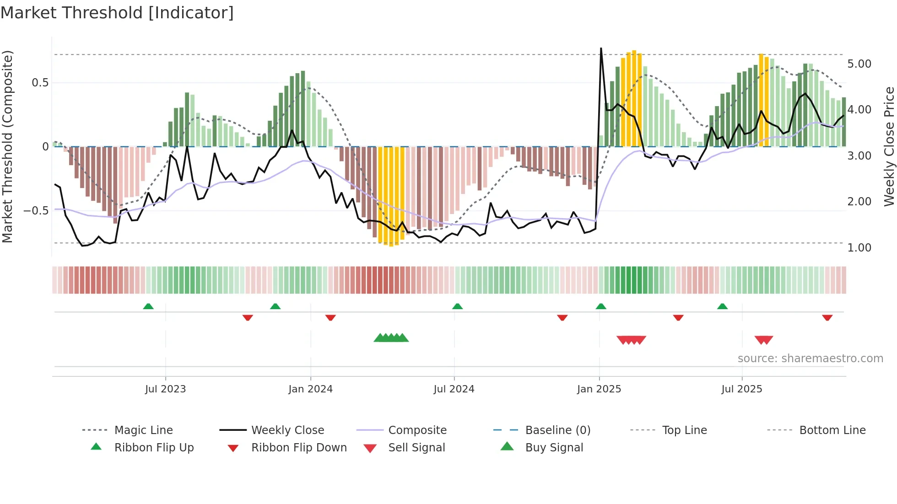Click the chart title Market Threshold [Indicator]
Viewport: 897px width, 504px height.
pyautogui.click(x=117, y=13)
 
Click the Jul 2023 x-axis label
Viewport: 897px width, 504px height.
pyautogui.click(x=165, y=389)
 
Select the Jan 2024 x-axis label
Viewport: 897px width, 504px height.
pyautogui.click(x=310, y=389)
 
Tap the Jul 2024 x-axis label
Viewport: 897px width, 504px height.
pyautogui.click(x=454, y=389)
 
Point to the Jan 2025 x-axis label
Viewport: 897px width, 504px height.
pyautogui.click(x=599, y=389)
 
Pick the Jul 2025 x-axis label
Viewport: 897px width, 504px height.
pyautogui.click(x=741, y=389)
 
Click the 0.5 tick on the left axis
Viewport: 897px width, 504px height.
pyautogui.click(x=40, y=83)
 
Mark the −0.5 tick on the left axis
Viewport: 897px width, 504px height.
pyautogui.click(x=36, y=211)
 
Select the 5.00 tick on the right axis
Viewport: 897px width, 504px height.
pyautogui.click(x=859, y=64)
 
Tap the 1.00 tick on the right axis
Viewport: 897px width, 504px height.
pyautogui.click(x=859, y=248)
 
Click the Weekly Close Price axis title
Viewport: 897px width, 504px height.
pyautogui.click(x=889, y=146)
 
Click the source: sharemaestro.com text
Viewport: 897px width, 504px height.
pyautogui.click(x=810, y=359)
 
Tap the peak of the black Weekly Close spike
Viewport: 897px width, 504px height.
pyautogui.click(x=601, y=48)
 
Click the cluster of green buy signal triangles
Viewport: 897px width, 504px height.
pyautogui.click(x=391, y=338)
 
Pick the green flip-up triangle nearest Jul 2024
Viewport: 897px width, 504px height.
pyautogui.click(x=457, y=306)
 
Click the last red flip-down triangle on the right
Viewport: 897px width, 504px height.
pyautogui.click(x=827, y=317)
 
